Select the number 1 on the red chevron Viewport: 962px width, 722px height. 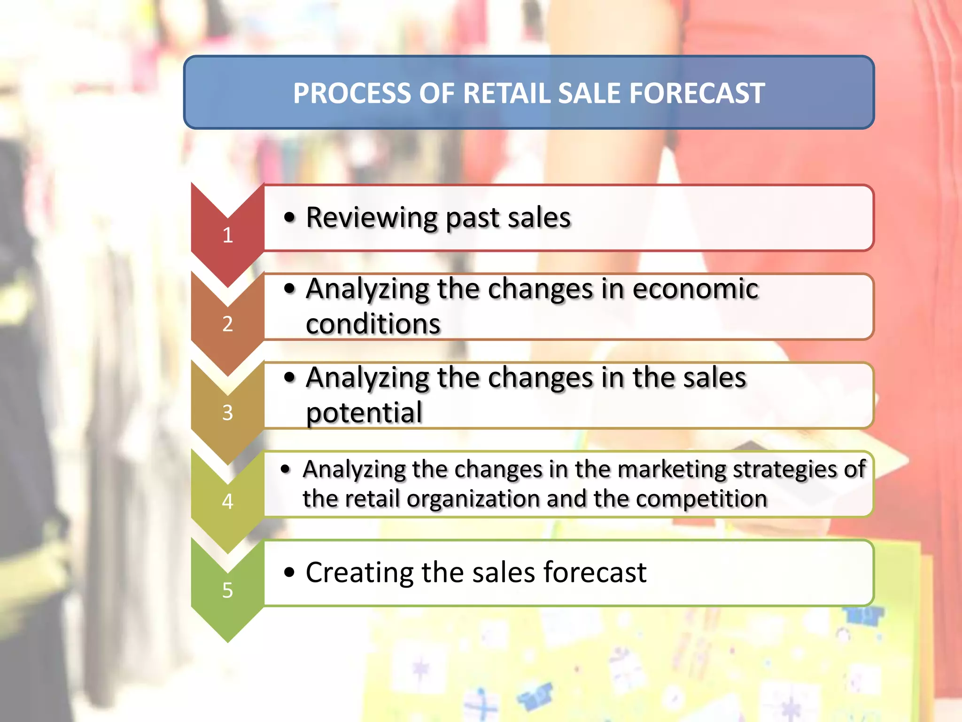228,235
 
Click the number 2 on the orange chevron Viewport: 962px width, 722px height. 228,324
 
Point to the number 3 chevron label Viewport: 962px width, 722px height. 228,413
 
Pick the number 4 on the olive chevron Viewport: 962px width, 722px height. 228,502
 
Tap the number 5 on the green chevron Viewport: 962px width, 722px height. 228,590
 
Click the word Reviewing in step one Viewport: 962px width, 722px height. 371,218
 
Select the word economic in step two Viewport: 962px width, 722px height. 695,289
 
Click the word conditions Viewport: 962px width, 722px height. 373,324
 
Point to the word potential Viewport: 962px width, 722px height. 364,413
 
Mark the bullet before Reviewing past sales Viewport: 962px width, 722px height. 290,218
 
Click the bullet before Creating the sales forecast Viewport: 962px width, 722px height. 290,573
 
